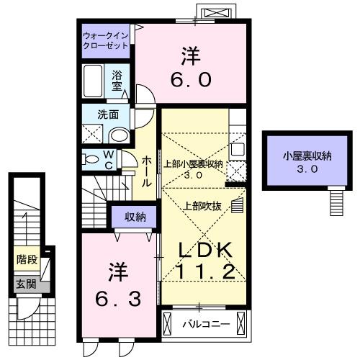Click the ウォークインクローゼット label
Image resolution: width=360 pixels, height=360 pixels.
tap(105, 38)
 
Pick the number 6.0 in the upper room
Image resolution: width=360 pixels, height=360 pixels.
tap(191, 68)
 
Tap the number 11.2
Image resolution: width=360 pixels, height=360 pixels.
tap(204, 271)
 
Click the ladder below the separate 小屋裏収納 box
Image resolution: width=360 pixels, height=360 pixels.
tap(335, 201)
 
